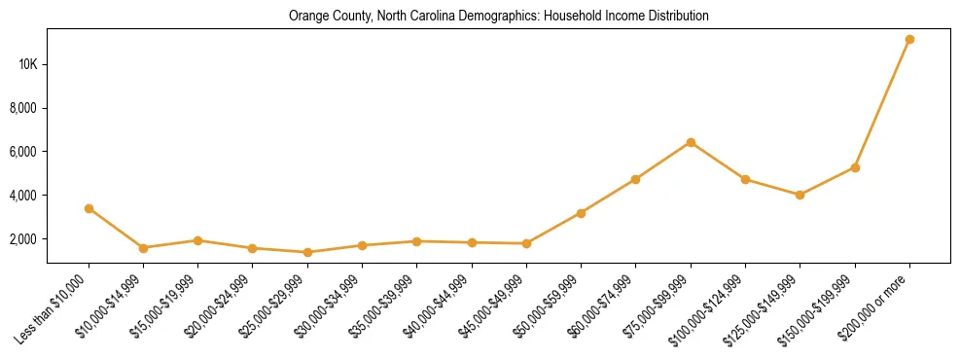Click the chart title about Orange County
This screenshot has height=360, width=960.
[x=498, y=17]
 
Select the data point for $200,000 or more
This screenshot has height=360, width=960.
[x=909, y=40]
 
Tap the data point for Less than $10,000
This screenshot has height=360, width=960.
[x=89, y=208]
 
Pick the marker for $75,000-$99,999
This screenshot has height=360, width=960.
[x=691, y=142]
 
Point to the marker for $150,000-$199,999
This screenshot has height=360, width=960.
[x=855, y=167]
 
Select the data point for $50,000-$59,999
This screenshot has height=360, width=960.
[x=581, y=213]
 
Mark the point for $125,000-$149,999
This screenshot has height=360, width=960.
[x=800, y=195]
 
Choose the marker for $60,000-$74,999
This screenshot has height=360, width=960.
[x=635, y=179]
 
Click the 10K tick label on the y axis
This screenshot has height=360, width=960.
[x=26, y=64]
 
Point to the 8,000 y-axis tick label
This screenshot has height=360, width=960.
[x=23, y=108]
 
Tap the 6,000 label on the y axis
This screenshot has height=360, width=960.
[x=23, y=152]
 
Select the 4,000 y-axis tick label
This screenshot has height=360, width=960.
[x=23, y=196]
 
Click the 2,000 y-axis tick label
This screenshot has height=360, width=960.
[x=23, y=239]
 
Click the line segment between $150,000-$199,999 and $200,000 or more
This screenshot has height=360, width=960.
[x=882, y=103]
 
